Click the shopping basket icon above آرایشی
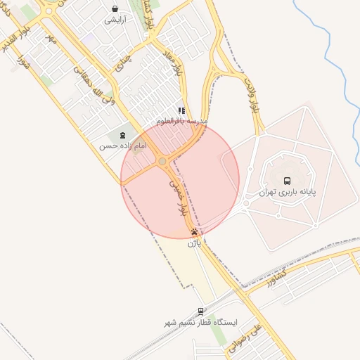(115, 9)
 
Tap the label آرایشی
(115, 20)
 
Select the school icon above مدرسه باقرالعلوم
(181, 110)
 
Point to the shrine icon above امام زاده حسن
(123, 135)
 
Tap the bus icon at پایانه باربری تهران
(286, 180)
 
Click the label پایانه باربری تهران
(287, 191)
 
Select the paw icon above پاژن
(194, 232)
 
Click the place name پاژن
(194, 243)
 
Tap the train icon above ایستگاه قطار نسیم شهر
(201, 311)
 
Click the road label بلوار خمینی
(177, 196)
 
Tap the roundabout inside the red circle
(162, 162)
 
